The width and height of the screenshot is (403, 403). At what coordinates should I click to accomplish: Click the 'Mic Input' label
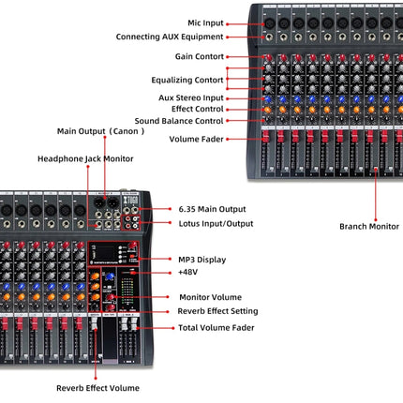point(205,23)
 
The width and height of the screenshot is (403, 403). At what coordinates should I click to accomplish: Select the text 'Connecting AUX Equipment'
point(170,37)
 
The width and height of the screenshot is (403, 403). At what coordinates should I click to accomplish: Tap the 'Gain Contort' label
point(200,56)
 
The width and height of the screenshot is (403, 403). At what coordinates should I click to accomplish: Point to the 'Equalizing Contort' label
point(187,80)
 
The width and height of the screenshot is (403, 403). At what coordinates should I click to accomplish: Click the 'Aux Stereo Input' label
point(191,97)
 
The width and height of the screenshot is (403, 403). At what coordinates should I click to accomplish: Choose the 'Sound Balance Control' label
point(179,121)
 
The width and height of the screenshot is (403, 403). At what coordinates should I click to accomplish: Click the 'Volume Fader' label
point(196,139)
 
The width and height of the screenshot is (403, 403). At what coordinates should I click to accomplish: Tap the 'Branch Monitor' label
point(369,227)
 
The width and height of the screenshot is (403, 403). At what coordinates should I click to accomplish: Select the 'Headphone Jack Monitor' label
point(85,159)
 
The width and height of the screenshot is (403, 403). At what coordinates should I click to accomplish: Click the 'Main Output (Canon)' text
point(100,131)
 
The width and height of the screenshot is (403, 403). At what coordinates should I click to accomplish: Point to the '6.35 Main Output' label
point(212,209)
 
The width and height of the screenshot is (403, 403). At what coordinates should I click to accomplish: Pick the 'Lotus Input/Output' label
point(216,224)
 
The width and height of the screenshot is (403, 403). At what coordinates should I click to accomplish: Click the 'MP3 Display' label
point(202,260)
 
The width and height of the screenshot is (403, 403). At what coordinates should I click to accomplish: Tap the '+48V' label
point(187,272)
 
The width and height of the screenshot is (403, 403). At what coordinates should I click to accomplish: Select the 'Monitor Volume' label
point(211,297)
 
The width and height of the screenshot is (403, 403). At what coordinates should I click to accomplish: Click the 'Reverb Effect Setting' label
point(217,311)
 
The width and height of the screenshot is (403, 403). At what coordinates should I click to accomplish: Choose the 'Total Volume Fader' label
point(216,328)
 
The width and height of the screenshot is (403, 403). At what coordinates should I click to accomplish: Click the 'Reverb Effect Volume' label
point(97,388)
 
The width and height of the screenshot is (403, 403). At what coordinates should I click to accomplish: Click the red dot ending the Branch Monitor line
point(376,220)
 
